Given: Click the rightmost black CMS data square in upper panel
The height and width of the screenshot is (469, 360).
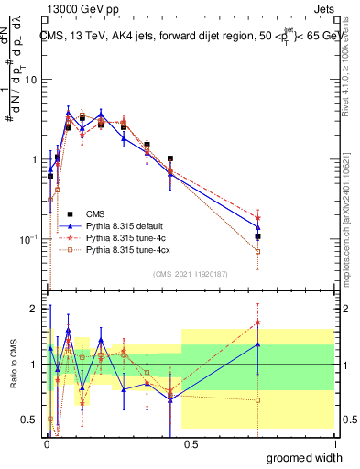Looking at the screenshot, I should (258, 236).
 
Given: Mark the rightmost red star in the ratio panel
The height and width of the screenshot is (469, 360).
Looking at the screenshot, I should (258, 322).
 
